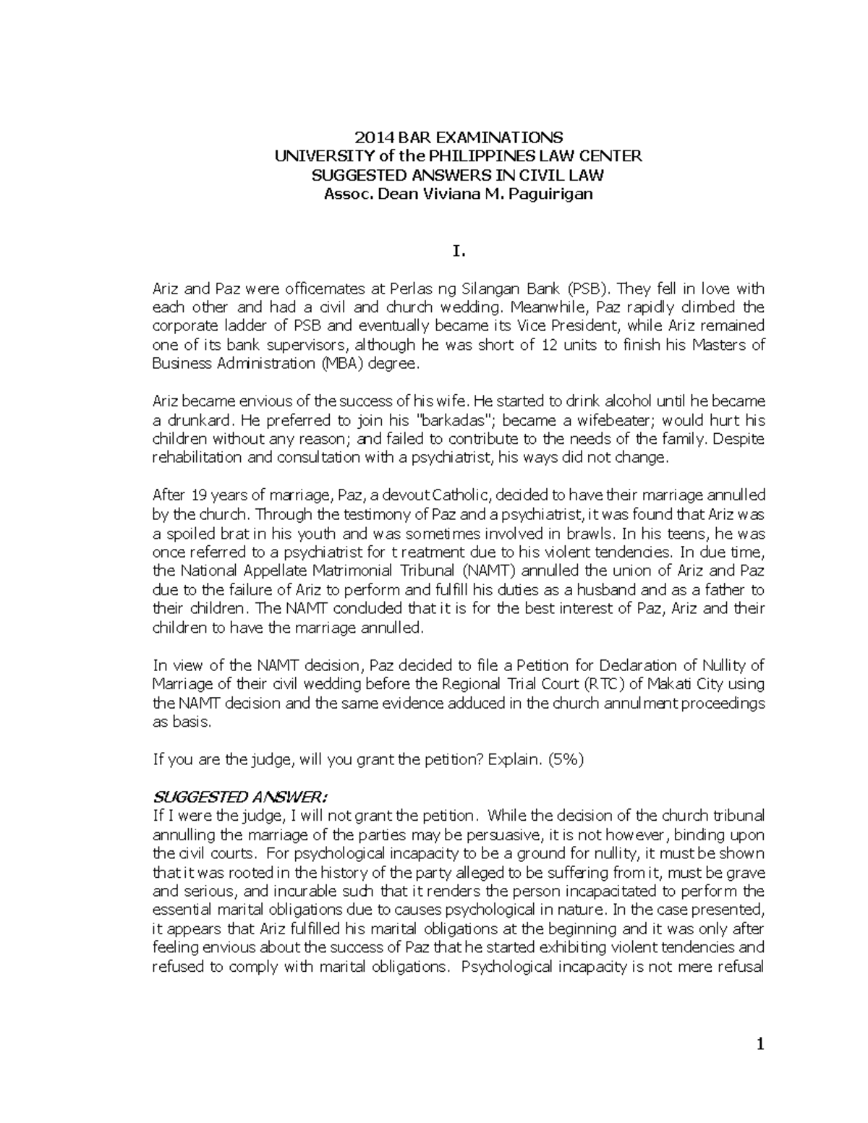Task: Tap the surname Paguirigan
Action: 550,194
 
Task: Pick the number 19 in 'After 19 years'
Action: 198,495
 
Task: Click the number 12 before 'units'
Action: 549,345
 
